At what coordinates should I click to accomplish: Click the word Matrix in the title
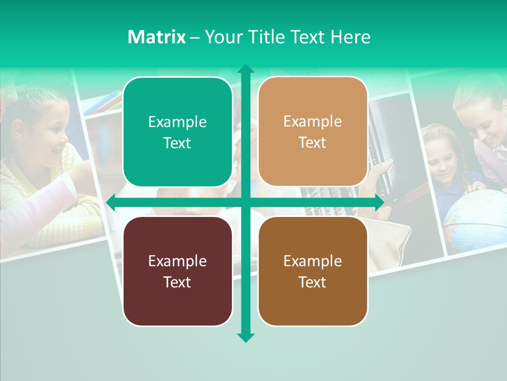click(x=156, y=37)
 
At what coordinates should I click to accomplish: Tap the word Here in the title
click(x=351, y=37)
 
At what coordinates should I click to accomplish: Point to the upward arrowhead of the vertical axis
click(x=246, y=69)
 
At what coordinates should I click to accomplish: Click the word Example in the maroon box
click(x=177, y=261)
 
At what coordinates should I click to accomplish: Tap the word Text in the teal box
click(x=177, y=143)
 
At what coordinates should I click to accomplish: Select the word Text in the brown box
click(x=313, y=282)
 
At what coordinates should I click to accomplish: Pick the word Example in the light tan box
click(x=313, y=122)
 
